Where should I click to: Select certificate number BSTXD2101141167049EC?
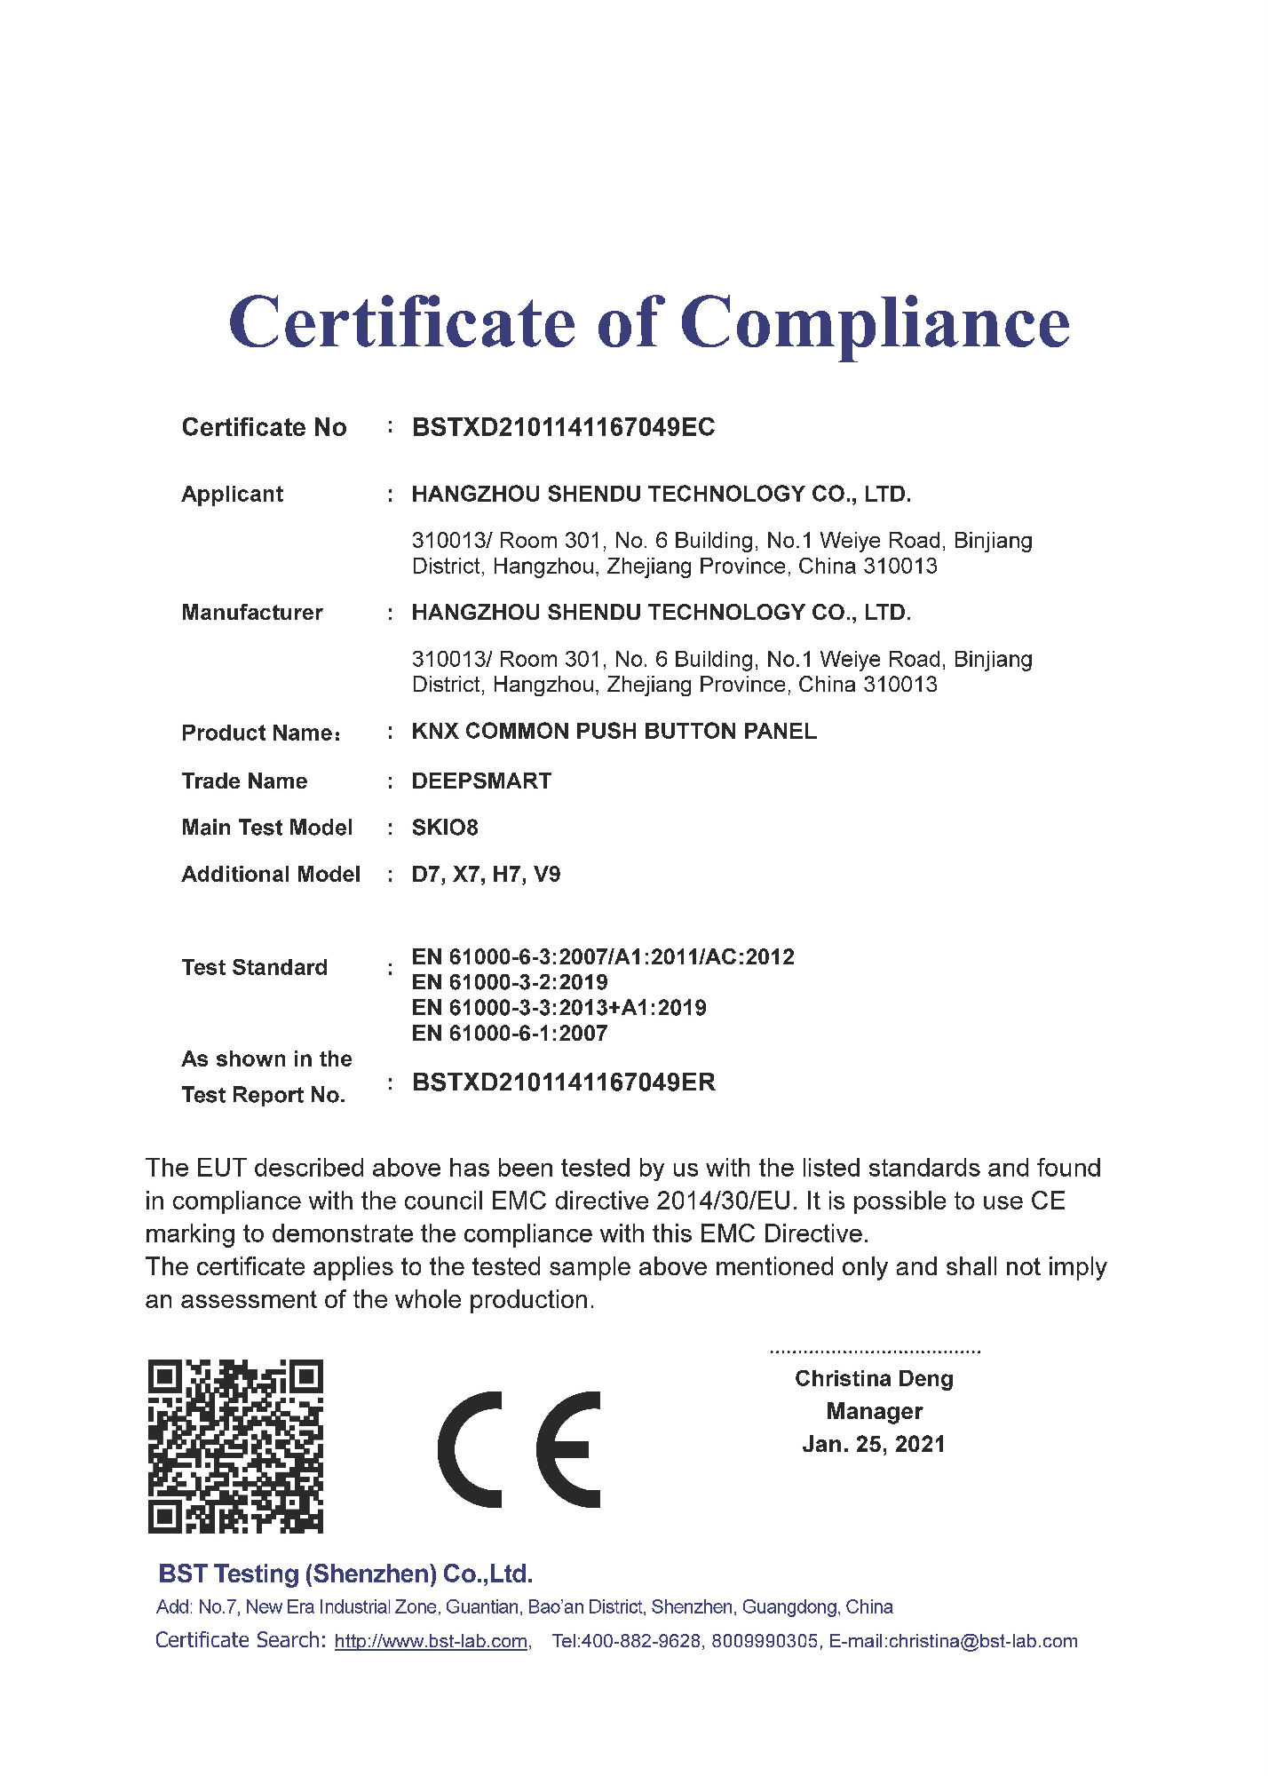point(563,428)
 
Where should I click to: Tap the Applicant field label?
point(232,495)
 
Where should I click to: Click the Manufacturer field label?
point(252,613)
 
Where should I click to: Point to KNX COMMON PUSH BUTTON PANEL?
point(614,732)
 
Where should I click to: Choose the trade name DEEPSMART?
point(481,781)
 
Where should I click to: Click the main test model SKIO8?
point(445,828)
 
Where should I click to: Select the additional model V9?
point(547,875)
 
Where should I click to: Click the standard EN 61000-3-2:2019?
point(510,982)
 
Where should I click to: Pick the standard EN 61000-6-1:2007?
point(510,1034)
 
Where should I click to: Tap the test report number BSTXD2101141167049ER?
point(564,1082)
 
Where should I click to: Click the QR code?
point(235,1447)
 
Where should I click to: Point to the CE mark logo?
point(519,1449)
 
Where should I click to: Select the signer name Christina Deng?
point(874,1379)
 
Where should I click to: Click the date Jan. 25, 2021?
point(874,1445)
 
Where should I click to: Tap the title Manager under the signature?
point(874,1412)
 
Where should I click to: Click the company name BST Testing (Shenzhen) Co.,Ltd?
point(345,1574)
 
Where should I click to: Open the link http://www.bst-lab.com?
point(431,1642)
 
